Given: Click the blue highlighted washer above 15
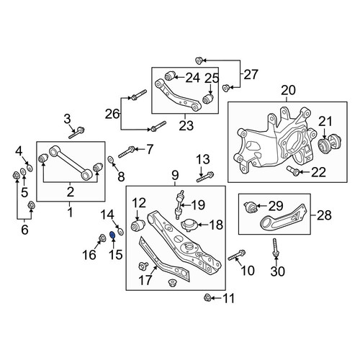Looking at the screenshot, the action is click(112, 235).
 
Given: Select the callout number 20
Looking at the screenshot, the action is click(288, 91).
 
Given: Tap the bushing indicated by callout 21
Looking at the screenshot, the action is click(330, 144).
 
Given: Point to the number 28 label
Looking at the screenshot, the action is click(324, 215).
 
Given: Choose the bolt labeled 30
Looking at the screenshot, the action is click(275, 248).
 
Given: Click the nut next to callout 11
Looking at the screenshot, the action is click(207, 298).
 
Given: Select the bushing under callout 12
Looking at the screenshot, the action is click(138, 225).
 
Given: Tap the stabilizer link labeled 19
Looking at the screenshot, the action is click(179, 204).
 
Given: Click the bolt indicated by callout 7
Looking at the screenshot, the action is click(126, 152).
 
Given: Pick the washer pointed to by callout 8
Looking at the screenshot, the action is click(111, 159).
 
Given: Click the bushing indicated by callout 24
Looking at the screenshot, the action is click(170, 76).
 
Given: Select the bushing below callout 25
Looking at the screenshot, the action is click(208, 99).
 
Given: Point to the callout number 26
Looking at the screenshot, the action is click(112, 114).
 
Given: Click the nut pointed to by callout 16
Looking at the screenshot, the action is click(102, 238).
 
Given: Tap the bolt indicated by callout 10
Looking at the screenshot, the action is click(237, 255).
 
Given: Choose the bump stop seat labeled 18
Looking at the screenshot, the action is click(189, 225).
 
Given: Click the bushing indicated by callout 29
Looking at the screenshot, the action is click(250, 207).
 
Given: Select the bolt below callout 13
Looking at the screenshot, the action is click(205, 176).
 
